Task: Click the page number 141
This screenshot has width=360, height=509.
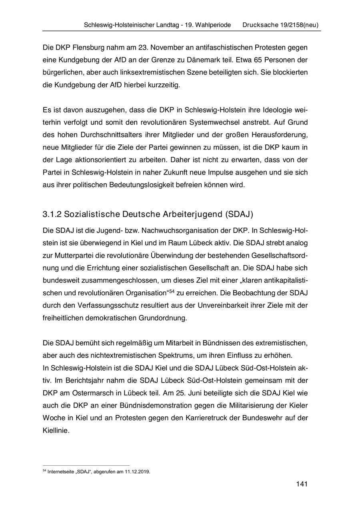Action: click(302, 484)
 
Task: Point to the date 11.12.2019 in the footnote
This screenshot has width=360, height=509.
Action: click(137, 472)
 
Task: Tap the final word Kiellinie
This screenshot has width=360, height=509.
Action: click(56, 431)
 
